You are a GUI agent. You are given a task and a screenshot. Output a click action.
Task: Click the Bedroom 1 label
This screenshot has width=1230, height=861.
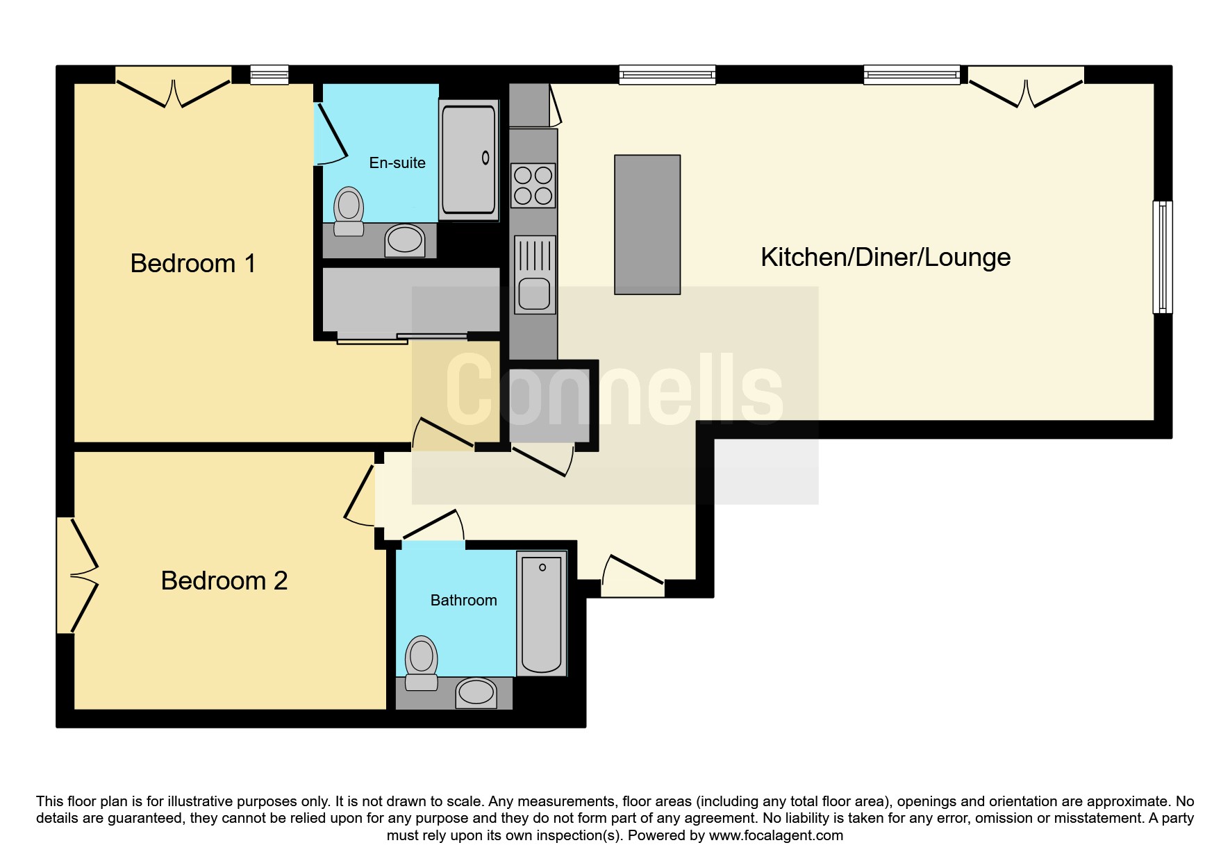[193, 263]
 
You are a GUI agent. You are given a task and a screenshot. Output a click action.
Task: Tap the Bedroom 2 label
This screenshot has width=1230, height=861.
[224, 580]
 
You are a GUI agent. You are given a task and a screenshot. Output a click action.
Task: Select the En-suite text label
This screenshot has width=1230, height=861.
[397, 162]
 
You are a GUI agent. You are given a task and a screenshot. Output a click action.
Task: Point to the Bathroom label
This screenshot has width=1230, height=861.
[464, 600]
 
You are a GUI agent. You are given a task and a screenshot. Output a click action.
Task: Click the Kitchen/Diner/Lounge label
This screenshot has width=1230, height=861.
[886, 257]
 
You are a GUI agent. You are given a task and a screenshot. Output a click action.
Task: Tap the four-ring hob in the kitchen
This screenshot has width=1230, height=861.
[533, 185]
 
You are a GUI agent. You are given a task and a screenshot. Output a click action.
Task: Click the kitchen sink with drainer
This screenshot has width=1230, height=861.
[535, 275]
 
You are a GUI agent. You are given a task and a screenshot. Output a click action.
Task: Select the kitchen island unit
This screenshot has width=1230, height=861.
[647, 224]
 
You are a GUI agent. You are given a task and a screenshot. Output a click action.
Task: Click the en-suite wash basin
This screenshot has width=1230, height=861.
[405, 240]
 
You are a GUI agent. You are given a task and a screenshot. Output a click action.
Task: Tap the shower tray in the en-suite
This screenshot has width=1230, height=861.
[469, 160]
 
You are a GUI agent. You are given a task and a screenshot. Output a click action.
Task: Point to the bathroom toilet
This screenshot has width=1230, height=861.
[421, 664]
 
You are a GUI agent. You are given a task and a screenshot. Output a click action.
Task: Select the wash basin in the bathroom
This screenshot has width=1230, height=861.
[476, 693]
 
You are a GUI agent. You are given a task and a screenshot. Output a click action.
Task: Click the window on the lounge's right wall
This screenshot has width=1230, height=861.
[1163, 257]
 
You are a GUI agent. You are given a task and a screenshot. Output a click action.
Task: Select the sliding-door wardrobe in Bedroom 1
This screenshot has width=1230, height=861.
[411, 305]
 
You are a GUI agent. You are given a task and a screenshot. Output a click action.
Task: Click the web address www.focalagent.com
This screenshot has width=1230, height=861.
[776, 835]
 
